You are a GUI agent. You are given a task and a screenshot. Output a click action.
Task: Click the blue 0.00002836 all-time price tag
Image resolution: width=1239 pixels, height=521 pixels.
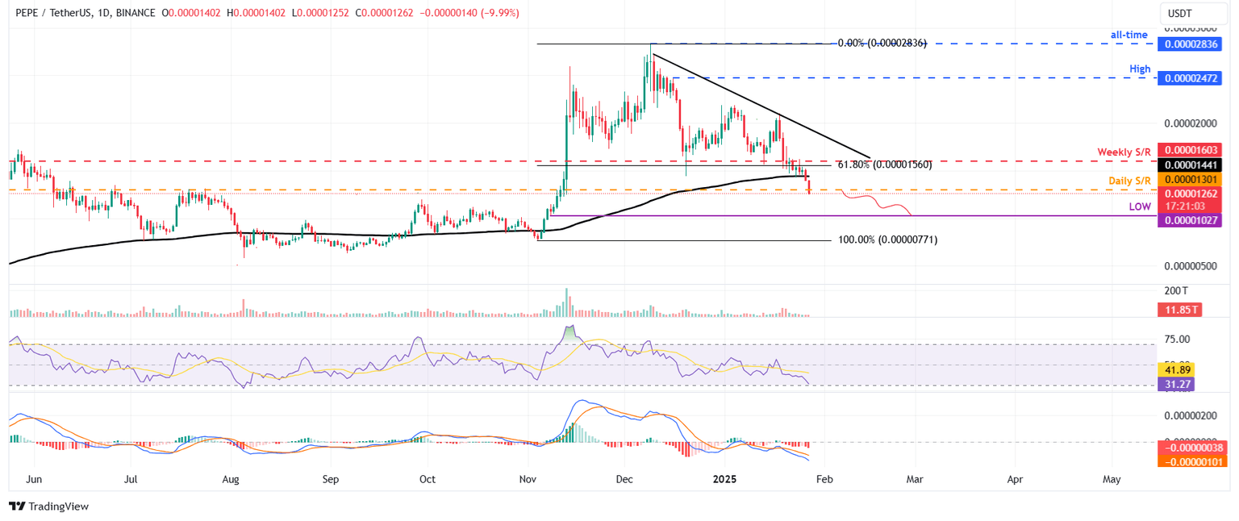pyautogui.click(x=1189, y=44)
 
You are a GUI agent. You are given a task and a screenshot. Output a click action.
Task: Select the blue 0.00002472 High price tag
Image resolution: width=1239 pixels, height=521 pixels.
pyautogui.click(x=1189, y=78)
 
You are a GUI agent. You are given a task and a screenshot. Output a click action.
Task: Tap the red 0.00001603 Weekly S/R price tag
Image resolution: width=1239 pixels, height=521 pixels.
pyautogui.click(x=1189, y=150)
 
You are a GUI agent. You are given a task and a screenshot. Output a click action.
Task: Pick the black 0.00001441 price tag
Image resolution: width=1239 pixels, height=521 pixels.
pyautogui.click(x=1189, y=164)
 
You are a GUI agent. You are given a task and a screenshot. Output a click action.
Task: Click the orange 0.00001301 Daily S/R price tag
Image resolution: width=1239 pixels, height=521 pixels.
pyautogui.click(x=1189, y=178)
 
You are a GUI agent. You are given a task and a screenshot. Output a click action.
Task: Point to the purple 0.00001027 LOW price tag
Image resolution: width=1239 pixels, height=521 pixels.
pyautogui.click(x=1189, y=219)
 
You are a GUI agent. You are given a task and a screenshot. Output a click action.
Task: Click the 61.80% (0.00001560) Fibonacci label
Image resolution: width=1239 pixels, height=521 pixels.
pyautogui.click(x=884, y=165)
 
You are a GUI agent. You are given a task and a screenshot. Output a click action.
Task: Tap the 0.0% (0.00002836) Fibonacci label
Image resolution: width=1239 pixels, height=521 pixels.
pyautogui.click(x=882, y=43)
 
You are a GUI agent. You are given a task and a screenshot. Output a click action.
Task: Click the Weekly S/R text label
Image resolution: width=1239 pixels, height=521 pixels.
pyautogui.click(x=1123, y=152)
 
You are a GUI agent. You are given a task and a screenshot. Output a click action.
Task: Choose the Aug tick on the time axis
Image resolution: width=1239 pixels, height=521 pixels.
pyautogui.click(x=231, y=479)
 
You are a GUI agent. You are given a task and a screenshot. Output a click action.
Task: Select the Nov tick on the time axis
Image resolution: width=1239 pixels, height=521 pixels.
pyautogui.click(x=528, y=479)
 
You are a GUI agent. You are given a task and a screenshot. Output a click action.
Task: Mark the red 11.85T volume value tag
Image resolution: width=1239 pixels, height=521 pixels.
pyautogui.click(x=1177, y=309)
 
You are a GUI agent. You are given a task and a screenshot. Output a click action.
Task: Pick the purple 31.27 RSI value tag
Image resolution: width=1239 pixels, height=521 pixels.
pyautogui.click(x=1175, y=385)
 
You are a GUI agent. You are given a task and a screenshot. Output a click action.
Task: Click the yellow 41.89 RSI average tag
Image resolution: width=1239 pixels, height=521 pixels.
pyautogui.click(x=1175, y=369)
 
